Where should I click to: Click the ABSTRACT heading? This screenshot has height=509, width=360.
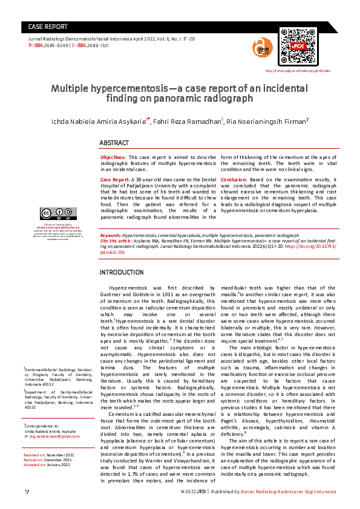tap(114, 143)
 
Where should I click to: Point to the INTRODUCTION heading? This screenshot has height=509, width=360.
tap(121, 273)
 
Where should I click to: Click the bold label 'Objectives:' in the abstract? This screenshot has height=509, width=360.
tap(114, 157)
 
